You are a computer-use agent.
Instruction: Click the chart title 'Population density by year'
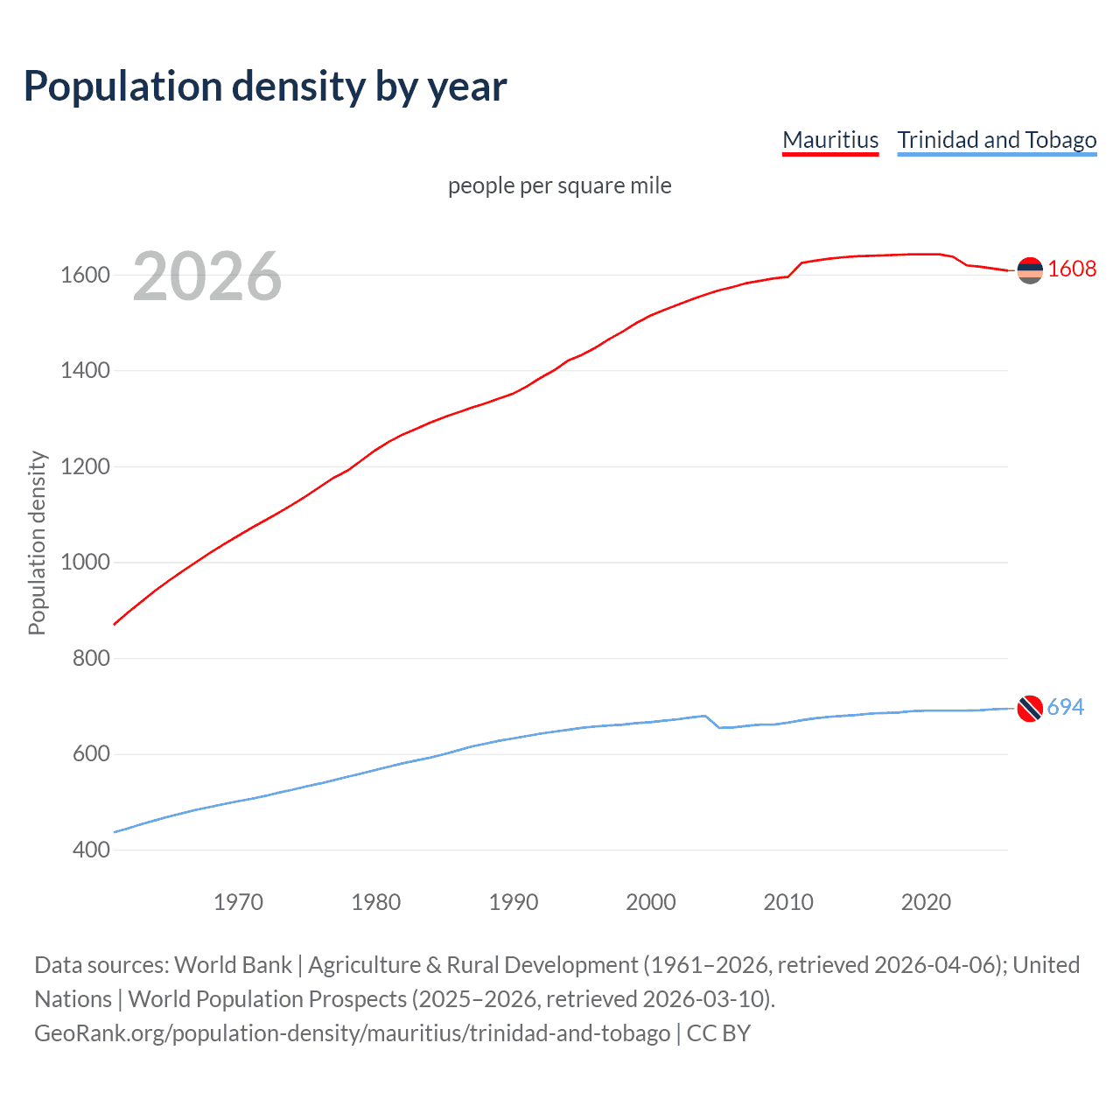pos(265,86)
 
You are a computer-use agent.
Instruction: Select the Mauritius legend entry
pos(829,140)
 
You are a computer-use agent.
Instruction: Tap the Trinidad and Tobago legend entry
pos(997,140)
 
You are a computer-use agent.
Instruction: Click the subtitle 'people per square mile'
pos(559,185)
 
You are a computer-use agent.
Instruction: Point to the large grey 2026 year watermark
pos(207,276)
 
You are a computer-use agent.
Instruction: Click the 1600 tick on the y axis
pos(85,275)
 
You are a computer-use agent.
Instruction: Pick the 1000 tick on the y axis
pos(85,563)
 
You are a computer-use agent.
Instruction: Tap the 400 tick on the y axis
pos(90,850)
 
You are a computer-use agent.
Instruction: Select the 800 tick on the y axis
pos(90,658)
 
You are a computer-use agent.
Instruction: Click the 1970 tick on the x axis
pos(238,902)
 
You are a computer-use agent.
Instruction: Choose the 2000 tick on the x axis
pos(651,902)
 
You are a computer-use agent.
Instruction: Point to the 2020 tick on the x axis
pos(926,902)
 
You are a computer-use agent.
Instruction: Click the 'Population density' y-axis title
pos(37,542)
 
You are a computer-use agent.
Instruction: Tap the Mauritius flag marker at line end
pos(1030,270)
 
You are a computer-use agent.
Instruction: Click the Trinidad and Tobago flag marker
pos(1030,708)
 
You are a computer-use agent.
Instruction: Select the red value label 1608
pos(1072,269)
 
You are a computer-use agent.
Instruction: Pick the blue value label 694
pos(1065,707)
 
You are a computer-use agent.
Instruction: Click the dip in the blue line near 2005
pos(720,727)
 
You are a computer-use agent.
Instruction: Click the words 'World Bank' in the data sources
pos(233,965)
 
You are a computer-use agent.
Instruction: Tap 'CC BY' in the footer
pos(718,1033)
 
